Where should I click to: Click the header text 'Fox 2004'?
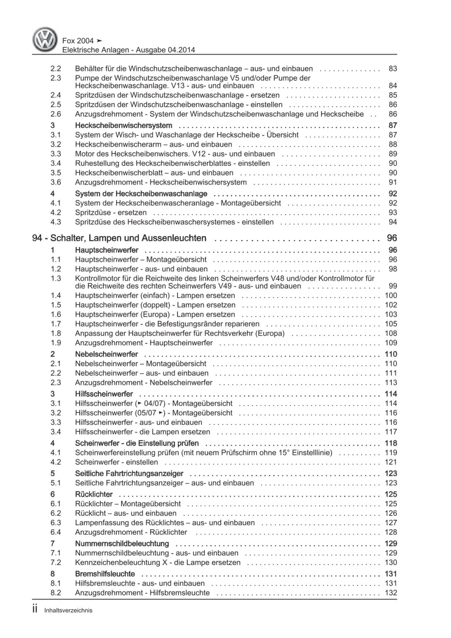pos(78,41)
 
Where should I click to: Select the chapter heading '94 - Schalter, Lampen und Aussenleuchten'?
pos(119,238)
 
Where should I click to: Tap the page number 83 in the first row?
pos(392,69)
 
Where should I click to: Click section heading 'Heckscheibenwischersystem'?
pos(123,125)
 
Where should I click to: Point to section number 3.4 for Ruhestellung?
pos(56,163)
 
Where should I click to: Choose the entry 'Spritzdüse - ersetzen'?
pos(111,213)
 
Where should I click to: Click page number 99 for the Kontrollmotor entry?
pos(392,286)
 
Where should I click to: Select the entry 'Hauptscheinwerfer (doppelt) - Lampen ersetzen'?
pos(155,305)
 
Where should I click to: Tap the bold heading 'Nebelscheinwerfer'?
pos(107,354)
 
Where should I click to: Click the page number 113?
pos(391,383)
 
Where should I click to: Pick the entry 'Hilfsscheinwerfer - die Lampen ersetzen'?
pos(143,432)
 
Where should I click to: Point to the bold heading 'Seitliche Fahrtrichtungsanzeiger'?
pos(129,473)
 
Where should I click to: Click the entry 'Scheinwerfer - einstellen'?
pos(116,462)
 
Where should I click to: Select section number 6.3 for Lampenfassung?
pos(56,522)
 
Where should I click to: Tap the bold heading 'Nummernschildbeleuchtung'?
pos(122,544)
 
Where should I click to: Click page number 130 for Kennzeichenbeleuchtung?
pos(391,563)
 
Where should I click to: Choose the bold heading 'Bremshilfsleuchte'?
pos(105,574)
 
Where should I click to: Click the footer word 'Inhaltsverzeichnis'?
pos(68,610)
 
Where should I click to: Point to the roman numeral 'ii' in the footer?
pos(35,609)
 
